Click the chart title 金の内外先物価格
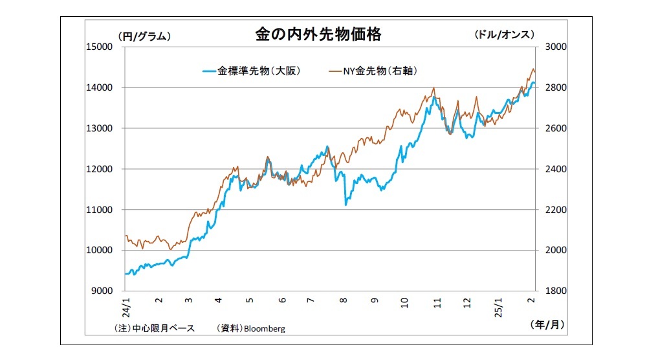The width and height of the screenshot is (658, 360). [x=318, y=35]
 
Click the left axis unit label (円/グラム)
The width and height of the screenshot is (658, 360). [x=144, y=36]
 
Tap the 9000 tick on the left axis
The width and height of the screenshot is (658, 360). [x=102, y=291]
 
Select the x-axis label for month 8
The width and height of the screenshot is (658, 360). [x=344, y=301]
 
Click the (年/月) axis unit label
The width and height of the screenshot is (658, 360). [x=547, y=326]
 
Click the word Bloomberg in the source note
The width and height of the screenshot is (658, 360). [x=264, y=328]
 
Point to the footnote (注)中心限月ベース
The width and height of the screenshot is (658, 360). [x=154, y=328]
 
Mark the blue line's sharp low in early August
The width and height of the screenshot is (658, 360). [x=346, y=205]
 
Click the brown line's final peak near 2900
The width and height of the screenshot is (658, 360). [x=533, y=69]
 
